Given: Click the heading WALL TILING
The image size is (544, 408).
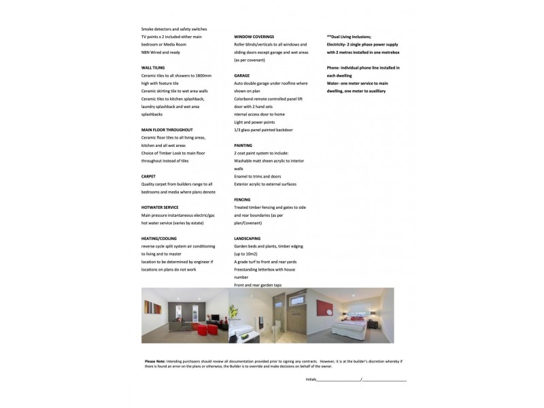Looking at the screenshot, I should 153,68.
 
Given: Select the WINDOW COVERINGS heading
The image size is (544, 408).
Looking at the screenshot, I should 254,36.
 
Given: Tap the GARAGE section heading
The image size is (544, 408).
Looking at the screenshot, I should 241,75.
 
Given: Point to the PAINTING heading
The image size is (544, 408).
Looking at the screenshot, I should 243,146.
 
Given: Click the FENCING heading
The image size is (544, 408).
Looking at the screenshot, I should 242,199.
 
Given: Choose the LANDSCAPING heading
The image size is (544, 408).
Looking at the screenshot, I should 248,239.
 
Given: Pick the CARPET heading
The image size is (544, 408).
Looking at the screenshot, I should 148,176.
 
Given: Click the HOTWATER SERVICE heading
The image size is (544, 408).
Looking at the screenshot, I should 160,207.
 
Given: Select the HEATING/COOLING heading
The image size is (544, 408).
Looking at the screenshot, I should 158,239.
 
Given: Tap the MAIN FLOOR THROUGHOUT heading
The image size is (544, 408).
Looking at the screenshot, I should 167,129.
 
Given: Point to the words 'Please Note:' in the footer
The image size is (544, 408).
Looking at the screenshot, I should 155,361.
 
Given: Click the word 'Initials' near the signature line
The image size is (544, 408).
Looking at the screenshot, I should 311,379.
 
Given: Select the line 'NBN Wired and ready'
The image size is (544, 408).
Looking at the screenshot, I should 160,52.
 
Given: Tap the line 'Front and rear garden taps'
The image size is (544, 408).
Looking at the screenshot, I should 258,285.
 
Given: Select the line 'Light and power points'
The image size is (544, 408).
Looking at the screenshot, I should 255,122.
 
